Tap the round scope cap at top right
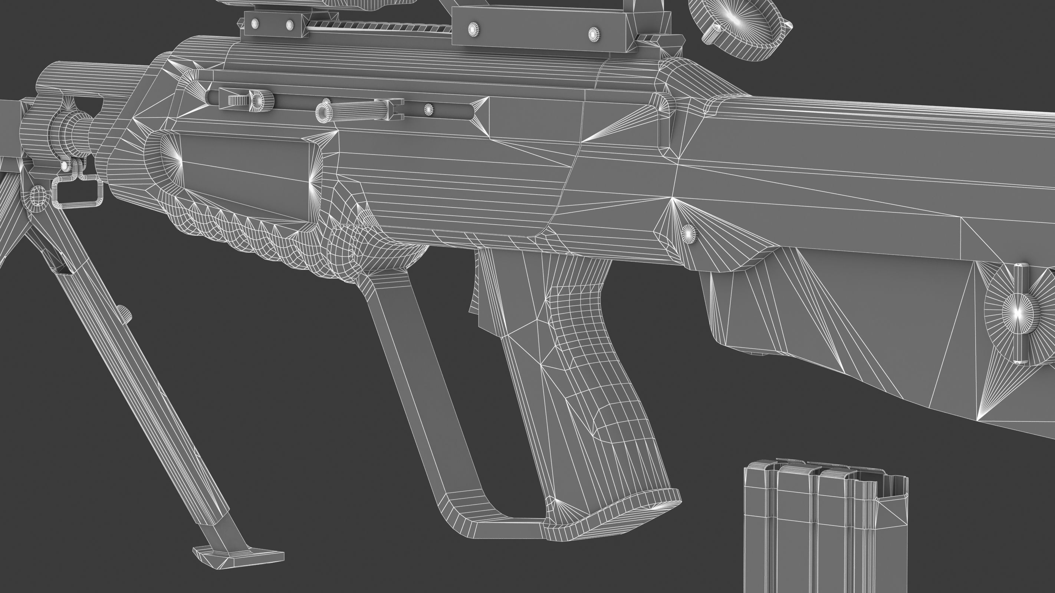[737, 24]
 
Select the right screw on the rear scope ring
[594, 34]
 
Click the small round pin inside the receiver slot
[428, 109]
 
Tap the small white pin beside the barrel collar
[64, 165]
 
